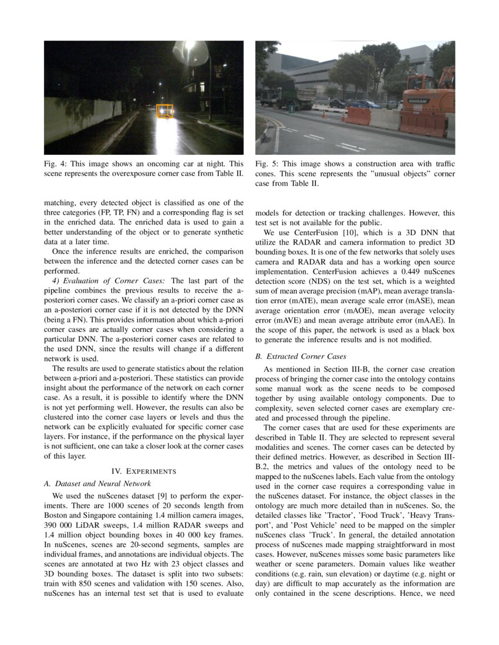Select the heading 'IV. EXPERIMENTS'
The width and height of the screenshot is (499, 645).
coord(144,470)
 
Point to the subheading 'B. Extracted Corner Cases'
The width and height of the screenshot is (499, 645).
coord(301,356)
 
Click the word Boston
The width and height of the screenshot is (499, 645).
coord(57,515)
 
